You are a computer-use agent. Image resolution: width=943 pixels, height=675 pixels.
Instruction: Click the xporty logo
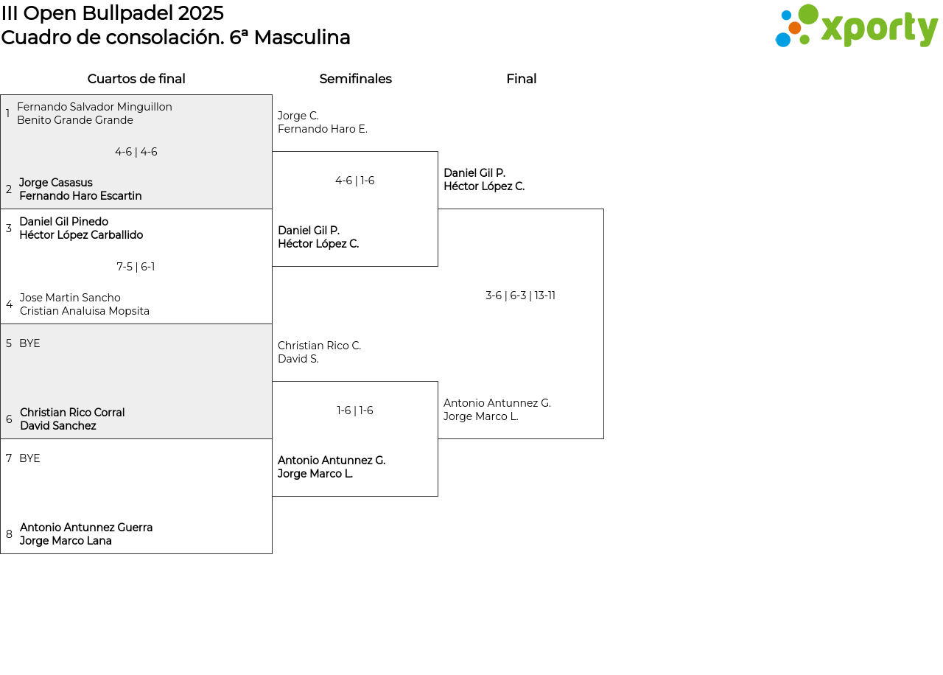tap(857, 25)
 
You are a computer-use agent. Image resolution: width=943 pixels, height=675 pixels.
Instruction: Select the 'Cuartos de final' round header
tap(136, 79)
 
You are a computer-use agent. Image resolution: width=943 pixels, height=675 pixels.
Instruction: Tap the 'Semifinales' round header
tap(355, 79)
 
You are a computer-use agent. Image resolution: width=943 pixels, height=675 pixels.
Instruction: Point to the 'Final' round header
tap(521, 79)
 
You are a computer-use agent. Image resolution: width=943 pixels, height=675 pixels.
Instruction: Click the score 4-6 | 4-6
tap(136, 152)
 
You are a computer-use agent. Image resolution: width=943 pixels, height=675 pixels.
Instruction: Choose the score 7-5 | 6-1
tap(136, 267)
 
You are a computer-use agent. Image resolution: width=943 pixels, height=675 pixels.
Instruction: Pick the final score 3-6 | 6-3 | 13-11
tap(520, 295)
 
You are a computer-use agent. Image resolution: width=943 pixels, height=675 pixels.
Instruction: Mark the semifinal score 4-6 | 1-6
tap(354, 181)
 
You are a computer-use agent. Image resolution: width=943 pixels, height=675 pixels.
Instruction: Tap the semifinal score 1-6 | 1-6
tap(354, 410)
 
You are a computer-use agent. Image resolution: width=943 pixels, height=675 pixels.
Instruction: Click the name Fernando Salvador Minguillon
tap(95, 107)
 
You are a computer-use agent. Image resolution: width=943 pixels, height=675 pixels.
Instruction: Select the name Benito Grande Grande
tap(75, 120)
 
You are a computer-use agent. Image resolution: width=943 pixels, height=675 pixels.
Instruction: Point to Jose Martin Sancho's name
tap(70, 297)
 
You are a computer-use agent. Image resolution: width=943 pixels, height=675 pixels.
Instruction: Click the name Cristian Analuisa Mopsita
tap(85, 311)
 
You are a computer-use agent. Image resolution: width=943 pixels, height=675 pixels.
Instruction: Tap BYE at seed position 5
tap(29, 343)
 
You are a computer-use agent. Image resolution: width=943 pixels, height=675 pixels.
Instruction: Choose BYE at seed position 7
tap(29, 458)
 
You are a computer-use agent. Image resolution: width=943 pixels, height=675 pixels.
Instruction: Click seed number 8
tap(9, 534)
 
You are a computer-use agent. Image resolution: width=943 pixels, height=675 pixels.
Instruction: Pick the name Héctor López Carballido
tap(81, 235)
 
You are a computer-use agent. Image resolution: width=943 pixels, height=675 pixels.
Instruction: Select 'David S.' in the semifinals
tap(298, 359)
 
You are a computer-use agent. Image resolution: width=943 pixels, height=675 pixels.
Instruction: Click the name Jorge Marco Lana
tap(66, 541)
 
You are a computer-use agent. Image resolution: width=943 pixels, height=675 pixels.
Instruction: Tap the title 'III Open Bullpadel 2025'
tap(113, 13)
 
